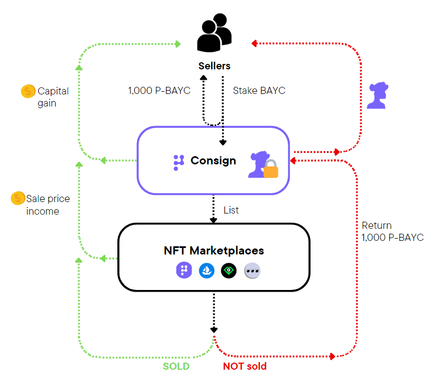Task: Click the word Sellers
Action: [x=214, y=66]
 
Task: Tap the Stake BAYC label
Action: [x=259, y=90]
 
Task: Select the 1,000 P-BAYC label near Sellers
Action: [x=159, y=90]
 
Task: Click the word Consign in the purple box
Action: [x=213, y=161]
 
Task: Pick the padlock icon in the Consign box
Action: [x=271, y=169]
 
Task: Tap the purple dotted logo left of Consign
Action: [x=178, y=162]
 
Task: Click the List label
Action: [x=231, y=210]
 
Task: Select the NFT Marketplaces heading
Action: [x=214, y=251]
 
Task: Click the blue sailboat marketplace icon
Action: [x=206, y=270]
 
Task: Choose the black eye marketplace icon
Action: [x=229, y=270]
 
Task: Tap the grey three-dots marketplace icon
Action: [x=252, y=270]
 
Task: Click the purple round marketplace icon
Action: [x=183, y=270]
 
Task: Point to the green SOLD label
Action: [x=176, y=366]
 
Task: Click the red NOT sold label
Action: [x=245, y=366]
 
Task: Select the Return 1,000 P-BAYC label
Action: [x=392, y=232]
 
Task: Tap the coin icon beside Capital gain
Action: [x=28, y=91]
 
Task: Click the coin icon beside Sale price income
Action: [x=18, y=199]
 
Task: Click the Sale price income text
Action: [x=48, y=205]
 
